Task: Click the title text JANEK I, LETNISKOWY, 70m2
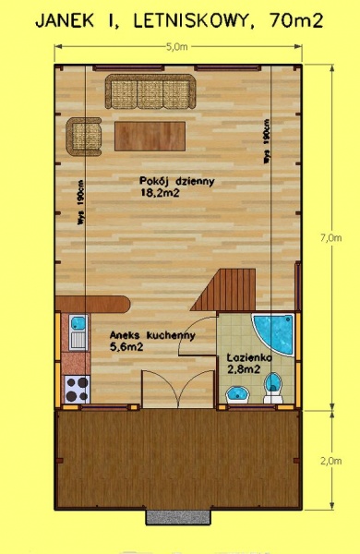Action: click(179, 21)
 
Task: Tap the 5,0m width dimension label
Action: click(176, 47)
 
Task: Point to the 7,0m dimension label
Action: click(331, 238)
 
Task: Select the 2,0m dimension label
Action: click(331, 461)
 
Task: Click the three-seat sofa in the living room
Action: click(150, 91)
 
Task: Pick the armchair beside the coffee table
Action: click(84, 137)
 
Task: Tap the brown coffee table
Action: click(150, 136)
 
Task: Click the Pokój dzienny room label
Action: click(177, 181)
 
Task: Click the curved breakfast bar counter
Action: click(92, 305)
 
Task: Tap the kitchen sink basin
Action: click(78, 323)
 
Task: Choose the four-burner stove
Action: click(78, 389)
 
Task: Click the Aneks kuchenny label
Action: click(152, 335)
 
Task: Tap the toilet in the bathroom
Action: click(273, 388)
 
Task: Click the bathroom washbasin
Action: click(237, 394)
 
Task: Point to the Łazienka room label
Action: click(249, 357)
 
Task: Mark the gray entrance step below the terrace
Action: click(179, 517)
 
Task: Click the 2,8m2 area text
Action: click(244, 369)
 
